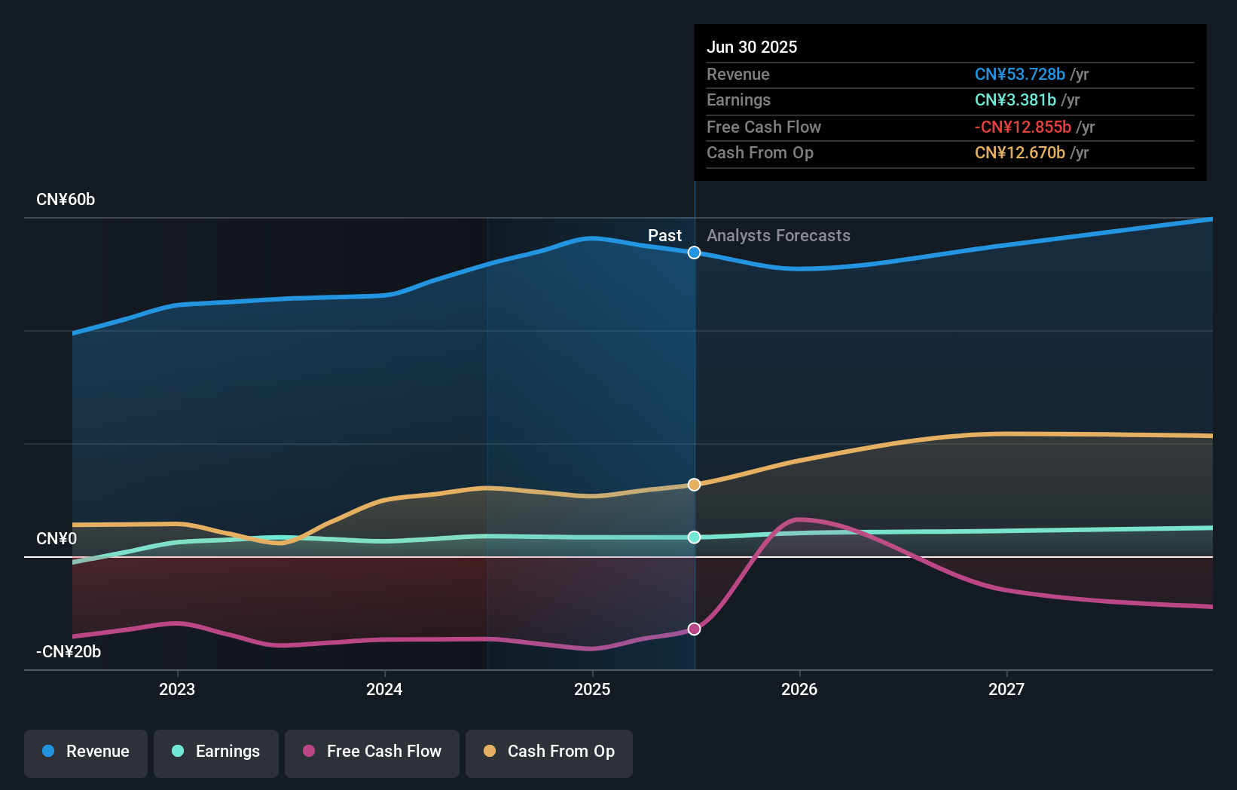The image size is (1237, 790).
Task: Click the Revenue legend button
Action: [x=86, y=752]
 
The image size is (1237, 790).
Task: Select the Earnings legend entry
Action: [x=216, y=752]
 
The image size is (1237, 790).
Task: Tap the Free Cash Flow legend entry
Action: [x=372, y=752]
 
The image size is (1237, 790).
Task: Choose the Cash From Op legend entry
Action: [x=549, y=752]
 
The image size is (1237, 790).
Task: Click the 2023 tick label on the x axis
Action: [x=177, y=689]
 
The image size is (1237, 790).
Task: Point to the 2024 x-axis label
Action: [x=384, y=689]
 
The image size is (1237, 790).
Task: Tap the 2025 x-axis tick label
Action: [x=592, y=689]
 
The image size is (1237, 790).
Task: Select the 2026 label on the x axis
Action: [x=799, y=689]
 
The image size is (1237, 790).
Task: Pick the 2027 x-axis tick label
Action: [x=1006, y=689]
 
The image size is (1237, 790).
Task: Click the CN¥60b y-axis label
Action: [x=66, y=200]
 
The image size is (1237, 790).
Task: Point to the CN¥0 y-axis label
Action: [x=57, y=539]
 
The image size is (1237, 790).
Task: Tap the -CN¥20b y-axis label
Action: [x=69, y=652]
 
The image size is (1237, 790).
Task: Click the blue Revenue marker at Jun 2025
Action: [x=695, y=253]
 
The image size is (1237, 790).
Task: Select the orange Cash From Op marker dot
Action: [x=695, y=485]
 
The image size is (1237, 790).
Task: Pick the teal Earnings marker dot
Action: [x=695, y=537]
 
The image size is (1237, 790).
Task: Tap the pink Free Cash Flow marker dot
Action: [x=695, y=629]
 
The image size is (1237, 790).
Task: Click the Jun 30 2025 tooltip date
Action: [x=752, y=47]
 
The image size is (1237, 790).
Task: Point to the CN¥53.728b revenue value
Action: [x=1020, y=74]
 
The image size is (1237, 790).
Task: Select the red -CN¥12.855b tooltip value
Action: [x=1023, y=127]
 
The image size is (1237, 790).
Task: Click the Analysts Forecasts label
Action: [x=778, y=236]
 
